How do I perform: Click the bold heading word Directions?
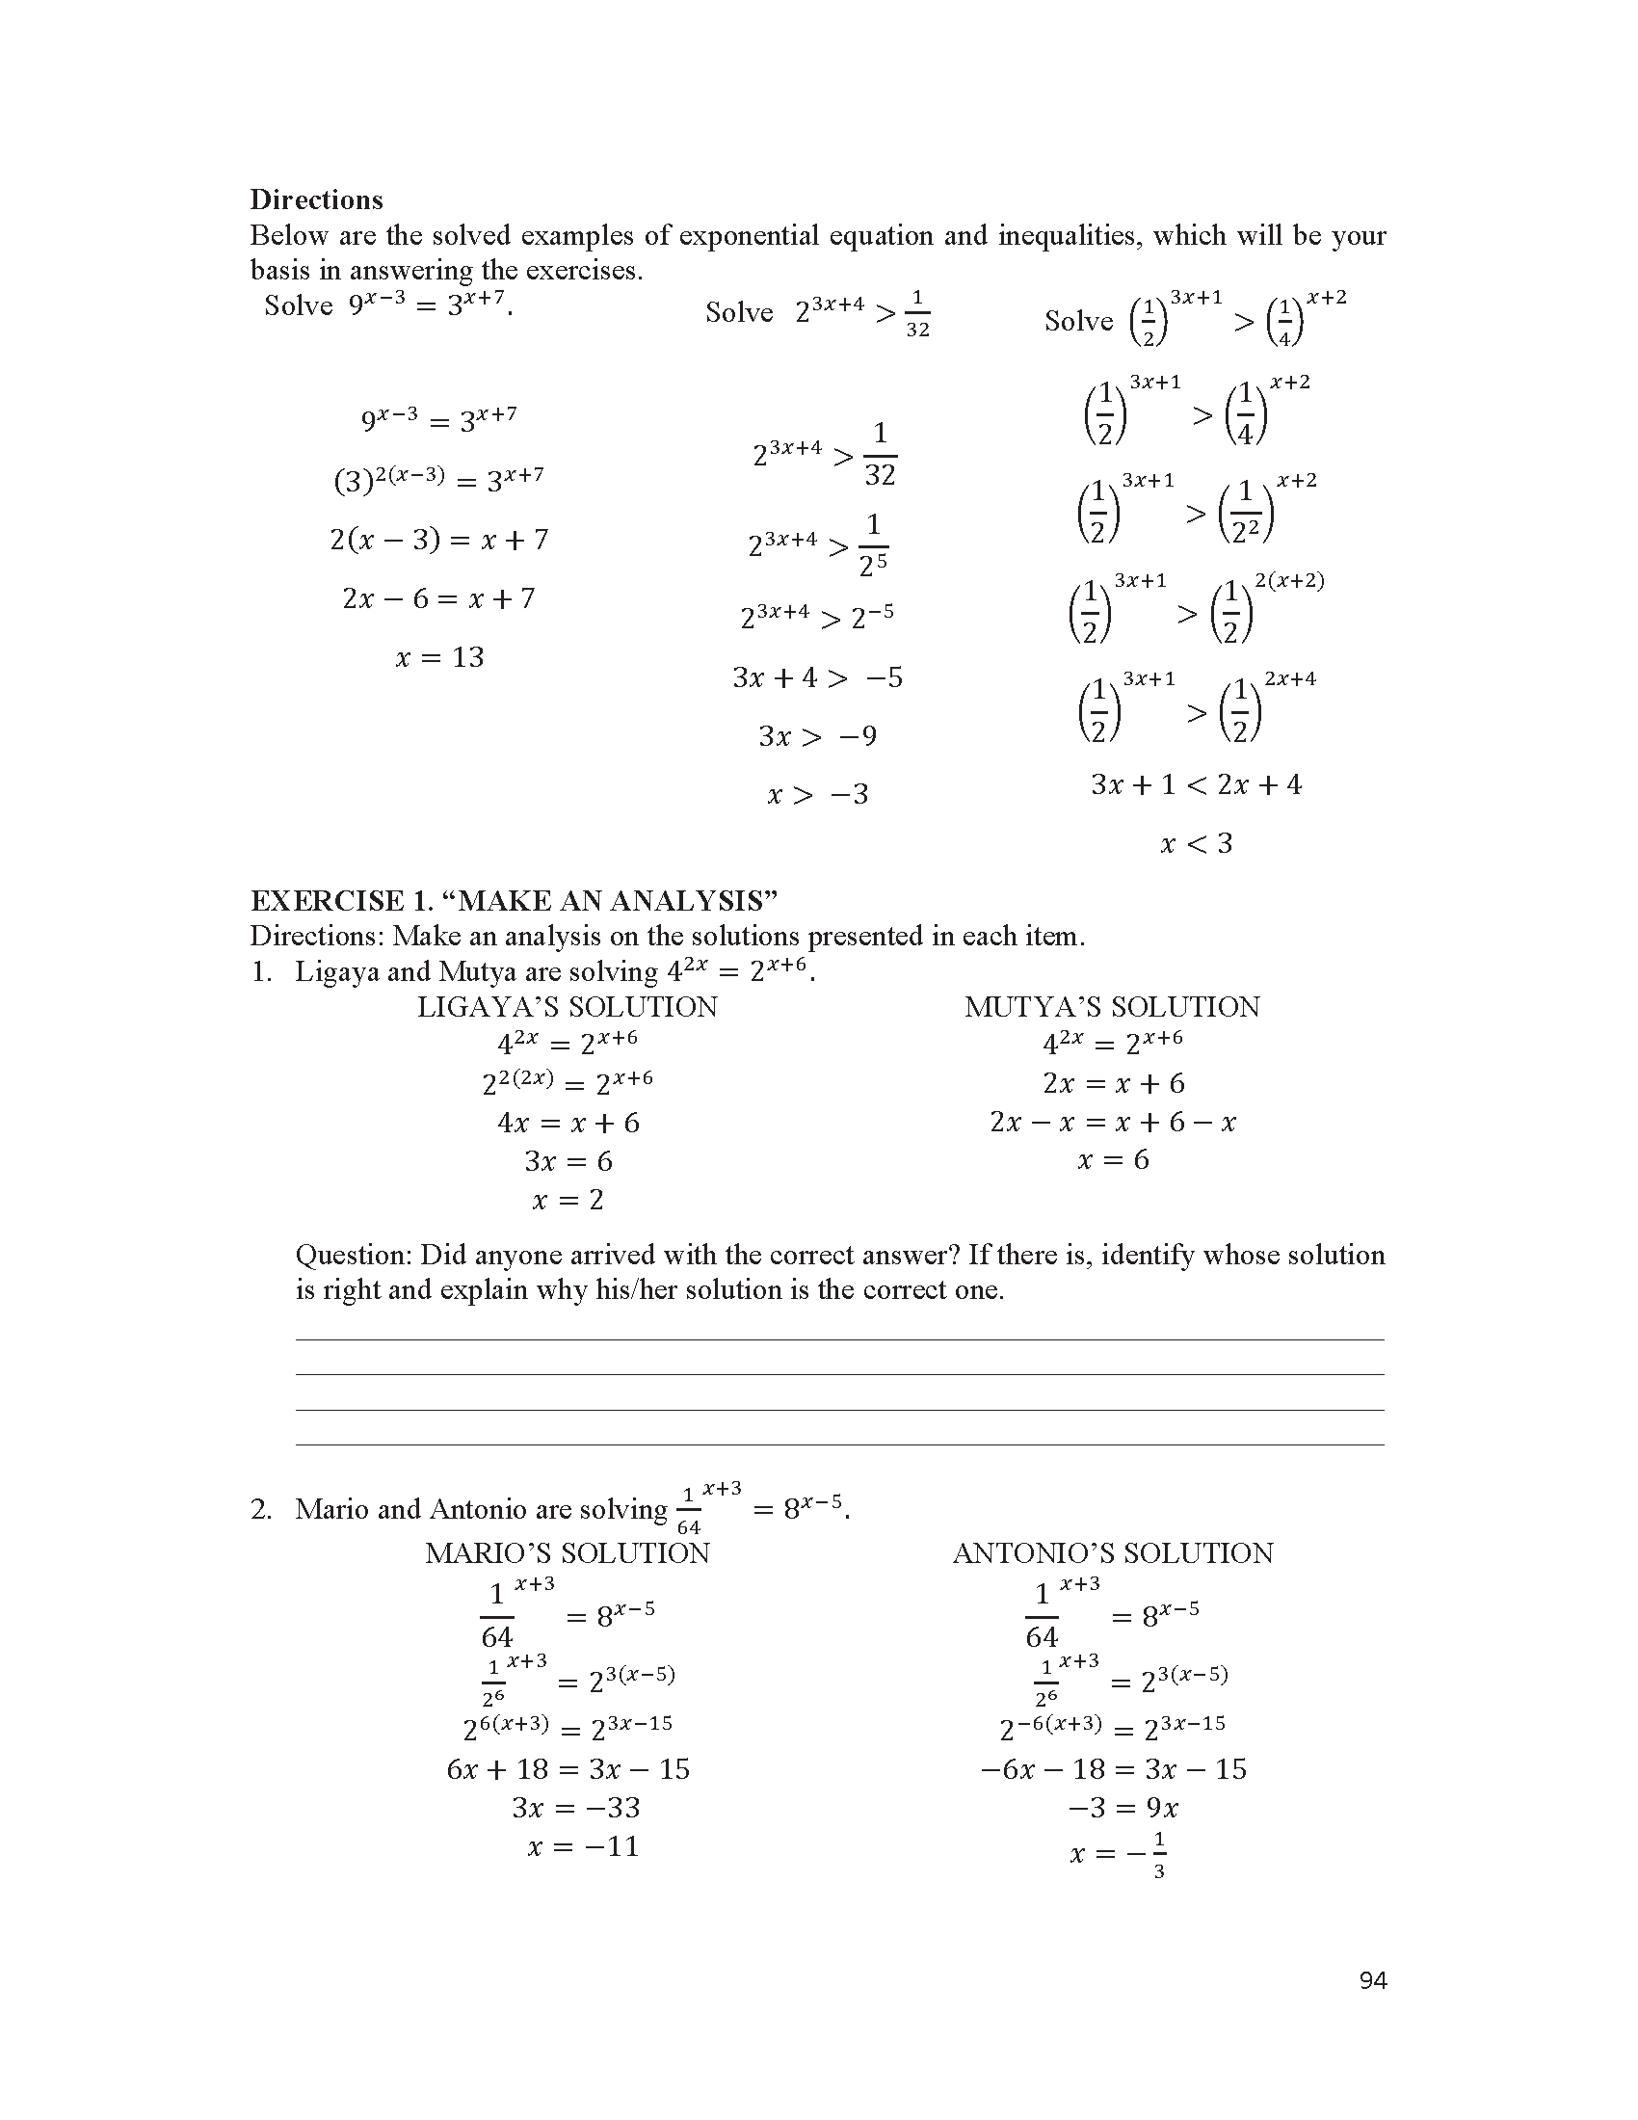316,200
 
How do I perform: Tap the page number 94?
1373,1981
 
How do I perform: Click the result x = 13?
439,657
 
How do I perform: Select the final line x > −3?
817,795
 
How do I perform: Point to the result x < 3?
1196,843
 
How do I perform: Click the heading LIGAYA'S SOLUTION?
568,1007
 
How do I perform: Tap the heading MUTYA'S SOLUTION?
1112,1007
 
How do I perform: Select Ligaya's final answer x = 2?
568,1200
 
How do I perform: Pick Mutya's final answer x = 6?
1113,1159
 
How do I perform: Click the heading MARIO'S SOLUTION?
568,1553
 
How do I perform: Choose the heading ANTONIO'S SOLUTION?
1112,1553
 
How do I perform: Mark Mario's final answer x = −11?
583,1846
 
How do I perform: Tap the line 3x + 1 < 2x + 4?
1196,784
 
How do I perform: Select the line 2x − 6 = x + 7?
438,598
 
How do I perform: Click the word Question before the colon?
355,1255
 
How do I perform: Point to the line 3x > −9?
817,736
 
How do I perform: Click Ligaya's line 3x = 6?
568,1161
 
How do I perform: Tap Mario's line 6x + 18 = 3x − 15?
568,1768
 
